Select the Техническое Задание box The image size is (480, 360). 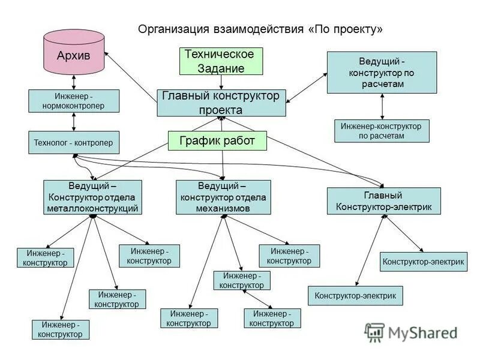pos(221,61)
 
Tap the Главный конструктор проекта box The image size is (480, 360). pos(221,103)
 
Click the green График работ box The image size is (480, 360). pos(217,141)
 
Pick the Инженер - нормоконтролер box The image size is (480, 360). pos(74,101)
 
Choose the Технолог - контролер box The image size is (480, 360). pos(74,142)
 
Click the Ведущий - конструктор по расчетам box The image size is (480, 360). pos(382,72)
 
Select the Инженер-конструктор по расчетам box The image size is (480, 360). pos(382,131)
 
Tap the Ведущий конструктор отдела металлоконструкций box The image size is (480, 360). pos(93,197)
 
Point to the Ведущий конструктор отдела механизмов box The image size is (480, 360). pos(223,197)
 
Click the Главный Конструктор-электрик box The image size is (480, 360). pos(383,201)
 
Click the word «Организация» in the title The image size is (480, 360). pos(173,29)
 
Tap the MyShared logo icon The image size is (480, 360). pos(375,332)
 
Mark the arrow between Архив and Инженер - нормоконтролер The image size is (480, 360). pos(73,82)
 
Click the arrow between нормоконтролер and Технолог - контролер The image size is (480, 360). pos(73,121)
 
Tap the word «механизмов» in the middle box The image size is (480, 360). pos(223,208)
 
